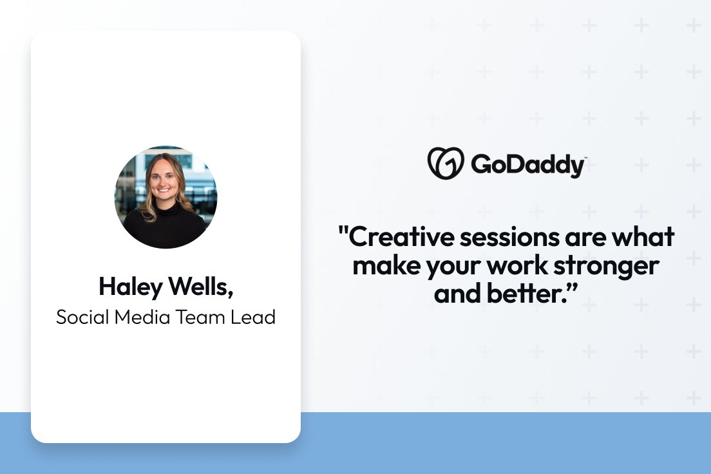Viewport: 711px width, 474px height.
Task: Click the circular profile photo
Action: (x=166, y=197)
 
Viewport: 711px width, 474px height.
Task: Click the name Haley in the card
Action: (x=128, y=287)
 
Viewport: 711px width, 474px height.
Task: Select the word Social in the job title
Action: (x=79, y=317)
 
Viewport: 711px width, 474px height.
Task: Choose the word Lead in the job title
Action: (x=254, y=317)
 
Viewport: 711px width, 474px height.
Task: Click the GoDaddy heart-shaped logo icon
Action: (x=446, y=163)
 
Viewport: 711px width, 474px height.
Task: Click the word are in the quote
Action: (x=580, y=237)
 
